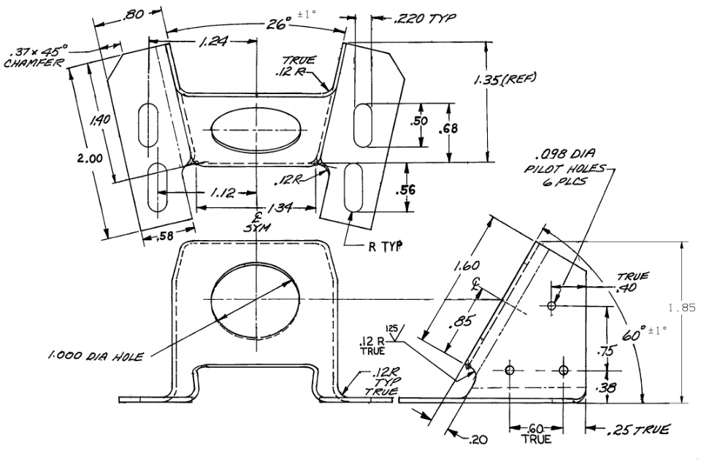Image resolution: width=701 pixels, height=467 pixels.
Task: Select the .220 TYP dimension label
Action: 425,18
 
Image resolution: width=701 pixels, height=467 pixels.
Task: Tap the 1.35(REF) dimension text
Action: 505,80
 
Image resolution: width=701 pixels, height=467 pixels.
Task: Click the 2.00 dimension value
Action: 90,158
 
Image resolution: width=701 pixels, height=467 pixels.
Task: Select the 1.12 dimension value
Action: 222,193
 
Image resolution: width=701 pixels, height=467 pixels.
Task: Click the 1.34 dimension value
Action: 280,208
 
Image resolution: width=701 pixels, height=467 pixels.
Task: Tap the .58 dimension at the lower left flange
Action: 166,236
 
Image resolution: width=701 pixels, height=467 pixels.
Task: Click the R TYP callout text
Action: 386,247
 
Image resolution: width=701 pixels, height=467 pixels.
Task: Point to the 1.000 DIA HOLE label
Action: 96,356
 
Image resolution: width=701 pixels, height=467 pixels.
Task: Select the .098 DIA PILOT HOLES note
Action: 565,168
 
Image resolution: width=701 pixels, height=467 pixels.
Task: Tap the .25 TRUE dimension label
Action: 638,430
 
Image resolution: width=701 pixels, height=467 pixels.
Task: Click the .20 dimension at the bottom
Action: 478,440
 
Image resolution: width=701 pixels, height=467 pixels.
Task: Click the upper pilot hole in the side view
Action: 552,306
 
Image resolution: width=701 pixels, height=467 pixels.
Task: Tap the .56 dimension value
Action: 405,190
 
